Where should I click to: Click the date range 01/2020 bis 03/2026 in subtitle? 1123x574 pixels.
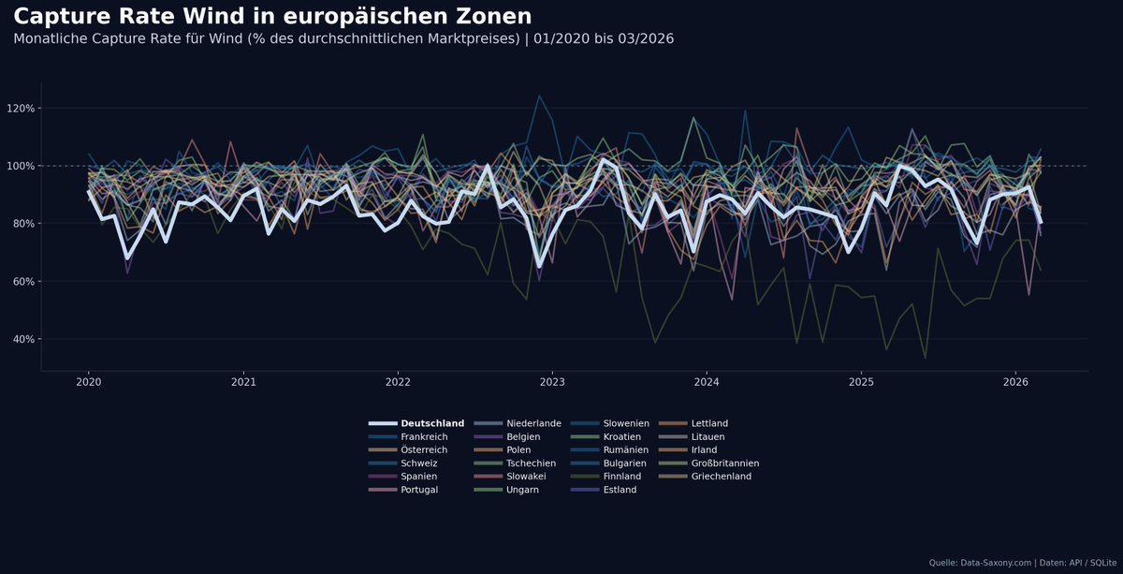(603, 38)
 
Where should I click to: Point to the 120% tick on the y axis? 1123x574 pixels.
(21, 109)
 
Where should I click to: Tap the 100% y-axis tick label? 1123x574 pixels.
(21, 167)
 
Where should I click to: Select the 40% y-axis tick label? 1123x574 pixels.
(22, 339)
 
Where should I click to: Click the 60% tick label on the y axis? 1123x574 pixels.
(22, 282)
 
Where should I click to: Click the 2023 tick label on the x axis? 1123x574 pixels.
(552, 382)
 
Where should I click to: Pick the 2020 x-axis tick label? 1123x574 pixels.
(88, 382)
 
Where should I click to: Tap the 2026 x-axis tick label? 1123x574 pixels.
(1015, 382)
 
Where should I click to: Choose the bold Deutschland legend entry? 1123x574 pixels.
(431, 423)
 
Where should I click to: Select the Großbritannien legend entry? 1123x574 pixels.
(724, 464)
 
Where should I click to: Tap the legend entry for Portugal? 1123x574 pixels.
(418, 490)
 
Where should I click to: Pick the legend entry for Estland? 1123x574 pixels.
(620, 490)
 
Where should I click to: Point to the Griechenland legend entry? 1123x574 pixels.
(721, 477)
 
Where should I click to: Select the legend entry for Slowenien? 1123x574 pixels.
(626, 423)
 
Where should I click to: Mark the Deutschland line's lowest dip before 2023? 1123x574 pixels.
(539, 267)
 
